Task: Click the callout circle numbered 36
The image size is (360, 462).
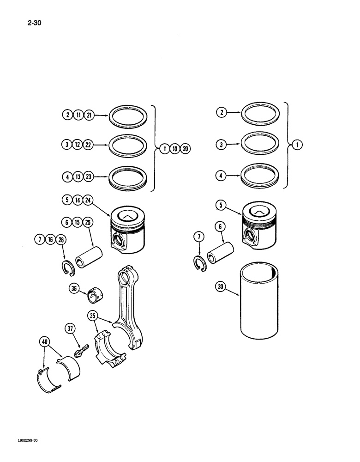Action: (74, 289)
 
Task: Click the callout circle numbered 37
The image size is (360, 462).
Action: (70, 328)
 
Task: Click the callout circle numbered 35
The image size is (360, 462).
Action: (93, 316)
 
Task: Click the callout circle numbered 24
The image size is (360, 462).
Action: (88, 201)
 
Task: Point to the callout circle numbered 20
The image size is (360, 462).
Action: (185, 149)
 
